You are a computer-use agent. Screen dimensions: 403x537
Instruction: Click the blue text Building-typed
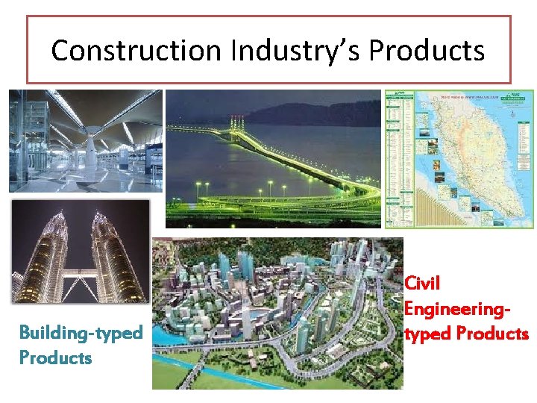point(81,332)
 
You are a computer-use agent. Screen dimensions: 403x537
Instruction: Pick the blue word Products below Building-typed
point(55,357)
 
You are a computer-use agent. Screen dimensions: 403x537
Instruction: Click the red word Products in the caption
point(492,333)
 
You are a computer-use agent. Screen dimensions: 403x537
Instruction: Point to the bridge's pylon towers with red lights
point(236,123)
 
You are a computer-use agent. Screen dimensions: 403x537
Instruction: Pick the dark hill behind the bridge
point(313,112)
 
